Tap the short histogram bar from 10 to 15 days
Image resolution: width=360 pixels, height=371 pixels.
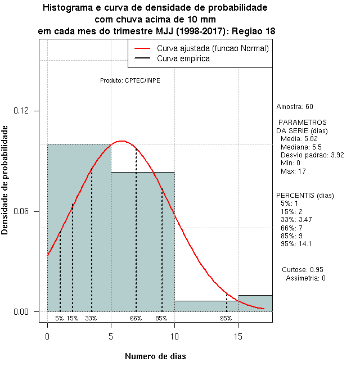point(206,306)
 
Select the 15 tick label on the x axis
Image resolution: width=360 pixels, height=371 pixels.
point(238,336)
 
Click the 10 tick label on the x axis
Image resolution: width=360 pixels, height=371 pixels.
point(174,336)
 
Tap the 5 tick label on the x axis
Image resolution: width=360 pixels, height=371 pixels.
point(111,336)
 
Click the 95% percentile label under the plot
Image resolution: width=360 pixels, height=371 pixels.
point(226,318)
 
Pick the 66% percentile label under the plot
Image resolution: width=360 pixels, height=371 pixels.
point(136,318)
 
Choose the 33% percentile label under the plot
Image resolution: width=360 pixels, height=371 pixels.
point(91,318)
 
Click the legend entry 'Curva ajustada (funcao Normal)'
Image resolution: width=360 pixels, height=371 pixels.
point(213,48)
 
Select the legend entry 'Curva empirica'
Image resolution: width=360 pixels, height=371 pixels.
point(183,58)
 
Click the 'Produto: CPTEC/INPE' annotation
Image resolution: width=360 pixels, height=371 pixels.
point(130,80)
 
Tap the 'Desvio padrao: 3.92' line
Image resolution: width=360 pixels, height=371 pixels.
point(312,155)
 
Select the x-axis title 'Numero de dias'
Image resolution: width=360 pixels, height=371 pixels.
point(155,356)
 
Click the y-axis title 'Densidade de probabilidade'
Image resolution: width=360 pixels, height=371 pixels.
point(6,180)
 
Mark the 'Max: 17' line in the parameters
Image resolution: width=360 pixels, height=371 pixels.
point(292,170)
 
